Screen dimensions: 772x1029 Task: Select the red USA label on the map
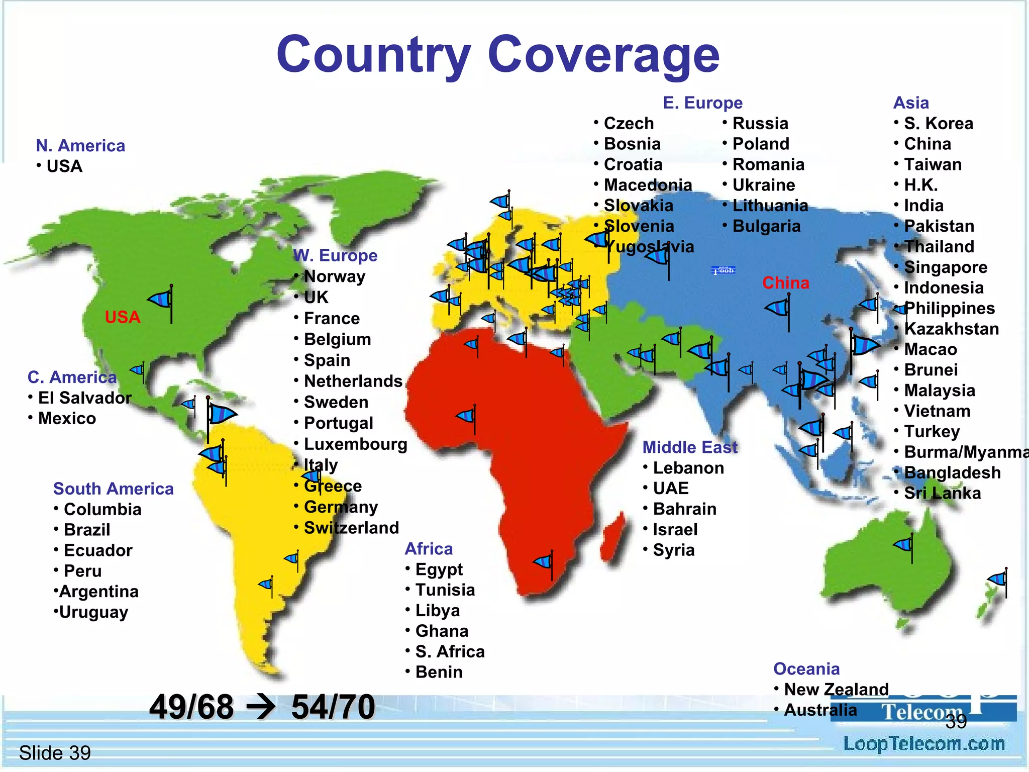click(x=122, y=317)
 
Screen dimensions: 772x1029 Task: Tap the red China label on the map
click(x=785, y=283)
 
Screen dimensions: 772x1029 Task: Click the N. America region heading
click(x=80, y=146)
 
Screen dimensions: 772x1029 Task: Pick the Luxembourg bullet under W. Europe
click(x=355, y=444)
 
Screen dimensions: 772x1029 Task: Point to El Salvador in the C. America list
click(x=84, y=398)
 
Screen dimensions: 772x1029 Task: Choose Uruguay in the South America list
click(x=93, y=612)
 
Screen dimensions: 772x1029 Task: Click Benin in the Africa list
click(x=439, y=672)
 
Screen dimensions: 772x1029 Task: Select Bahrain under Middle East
click(x=684, y=509)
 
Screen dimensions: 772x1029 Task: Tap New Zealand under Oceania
click(x=836, y=690)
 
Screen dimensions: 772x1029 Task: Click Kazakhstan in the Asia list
click(x=951, y=329)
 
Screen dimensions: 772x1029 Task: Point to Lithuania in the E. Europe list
click(x=770, y=206)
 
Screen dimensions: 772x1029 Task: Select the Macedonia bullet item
click(x=648, y=185)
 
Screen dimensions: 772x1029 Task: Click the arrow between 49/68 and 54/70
click(x=261, y=707)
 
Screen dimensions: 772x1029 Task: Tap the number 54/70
click(x=333, y=707)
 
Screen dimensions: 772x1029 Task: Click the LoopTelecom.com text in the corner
click(x=923, y=744)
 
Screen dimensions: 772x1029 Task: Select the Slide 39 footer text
click(x=55, y=753)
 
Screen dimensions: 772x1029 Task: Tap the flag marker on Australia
click(x=904, y=545)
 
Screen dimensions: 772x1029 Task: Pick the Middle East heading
click(x=689, y=447)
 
